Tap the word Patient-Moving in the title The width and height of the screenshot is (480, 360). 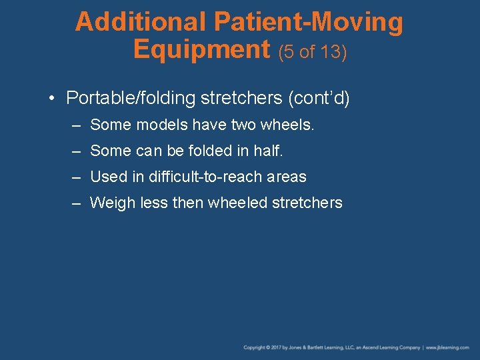coord(308,22)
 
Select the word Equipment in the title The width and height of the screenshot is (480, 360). coord(201,49)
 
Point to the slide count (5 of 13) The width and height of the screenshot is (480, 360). coord(312,51)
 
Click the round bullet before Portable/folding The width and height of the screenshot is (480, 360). coord(51,99)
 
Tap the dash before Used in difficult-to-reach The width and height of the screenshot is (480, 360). coord(77,177)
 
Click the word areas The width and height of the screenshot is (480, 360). coord(286,177)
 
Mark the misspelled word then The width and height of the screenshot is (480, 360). coord(188,203)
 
